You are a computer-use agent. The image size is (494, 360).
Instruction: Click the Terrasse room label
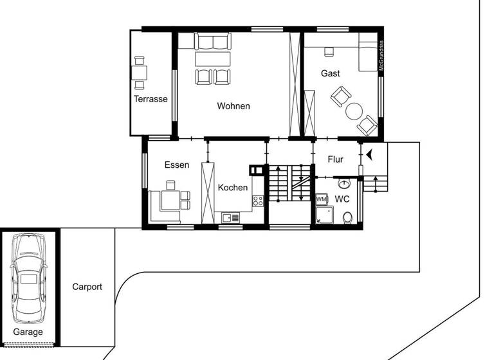click(x=151, y=99)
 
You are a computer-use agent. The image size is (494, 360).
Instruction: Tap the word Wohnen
click(x=233, y=106)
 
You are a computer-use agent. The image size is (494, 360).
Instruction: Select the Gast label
click(x=331, y=73)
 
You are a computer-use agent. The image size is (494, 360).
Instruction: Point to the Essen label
click(x=177, y=165)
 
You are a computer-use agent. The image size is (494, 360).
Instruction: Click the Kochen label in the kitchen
click(x=232, y=188)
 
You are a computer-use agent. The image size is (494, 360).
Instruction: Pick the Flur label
click(x=336, y=159)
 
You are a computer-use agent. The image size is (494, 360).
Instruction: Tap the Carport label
click(x=87, y=287)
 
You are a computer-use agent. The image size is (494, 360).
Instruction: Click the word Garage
click(x=28, y=332)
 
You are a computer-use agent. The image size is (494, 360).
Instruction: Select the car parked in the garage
click(x=29, y=277)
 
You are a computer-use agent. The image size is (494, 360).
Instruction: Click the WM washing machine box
click(x=322, y=200)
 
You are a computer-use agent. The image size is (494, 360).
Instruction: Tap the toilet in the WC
click(x=348, y=217)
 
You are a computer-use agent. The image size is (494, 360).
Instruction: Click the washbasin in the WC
click(x=343, y=184)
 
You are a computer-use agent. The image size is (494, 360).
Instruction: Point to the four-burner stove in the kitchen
click(x=258, y=200)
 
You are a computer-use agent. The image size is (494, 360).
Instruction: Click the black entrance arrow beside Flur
click(x=369, y=154)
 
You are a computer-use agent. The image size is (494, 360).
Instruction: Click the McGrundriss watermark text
click(x=381, y=57)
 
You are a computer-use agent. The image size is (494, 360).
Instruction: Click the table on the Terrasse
click(x=140, y=71)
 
